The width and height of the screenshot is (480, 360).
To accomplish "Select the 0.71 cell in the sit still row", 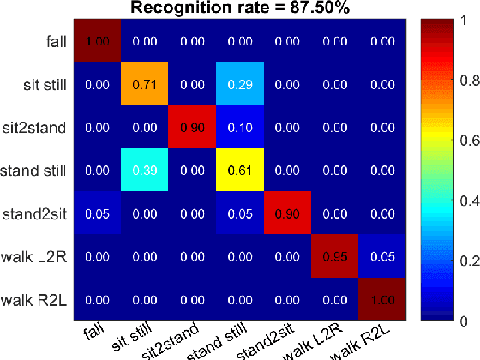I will pyautogui.click(x=145, y=83).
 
